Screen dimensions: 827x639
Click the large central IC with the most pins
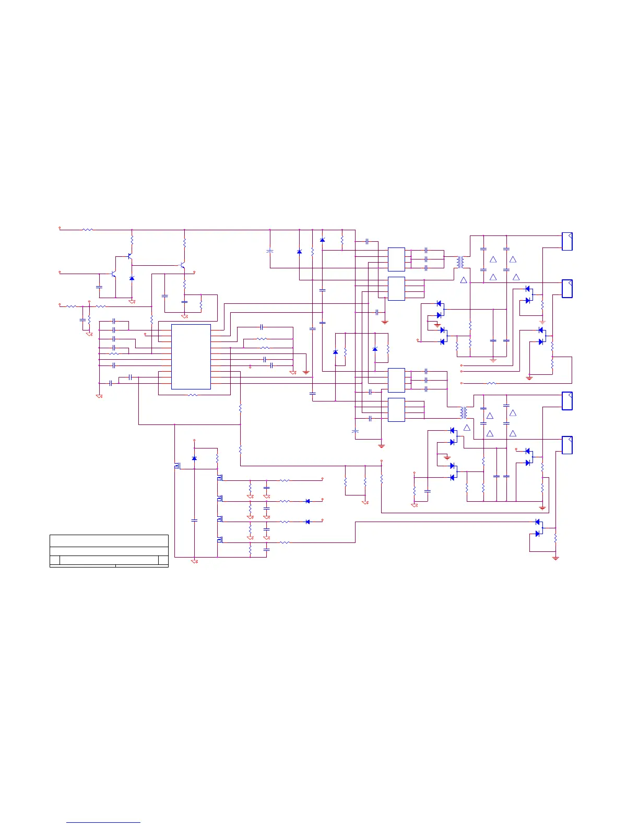coord(191,357)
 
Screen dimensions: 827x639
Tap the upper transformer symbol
coord(459,262)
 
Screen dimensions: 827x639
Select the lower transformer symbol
coord(463,412)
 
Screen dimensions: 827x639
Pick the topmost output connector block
coord(567,241)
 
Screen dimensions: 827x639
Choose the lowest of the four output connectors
coord(567,445)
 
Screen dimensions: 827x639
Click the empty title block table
coord(109,550)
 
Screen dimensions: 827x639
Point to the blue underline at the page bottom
coord(103,823)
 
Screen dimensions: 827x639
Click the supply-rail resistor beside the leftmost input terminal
coord(88,229)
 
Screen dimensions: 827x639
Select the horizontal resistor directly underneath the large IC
coord(193,395)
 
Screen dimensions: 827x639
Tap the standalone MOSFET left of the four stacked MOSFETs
coord(177,465)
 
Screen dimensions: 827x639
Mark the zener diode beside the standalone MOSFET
coord(194,458)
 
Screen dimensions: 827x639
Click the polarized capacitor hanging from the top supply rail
coord(270,251)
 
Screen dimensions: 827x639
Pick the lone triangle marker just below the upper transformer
coord(464,280)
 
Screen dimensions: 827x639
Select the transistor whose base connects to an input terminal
coord(113,274)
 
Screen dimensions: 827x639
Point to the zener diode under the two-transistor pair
coord(132,278)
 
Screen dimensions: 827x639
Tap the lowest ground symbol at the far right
coord(555,558)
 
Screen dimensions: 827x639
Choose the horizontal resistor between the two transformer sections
coord(491,383)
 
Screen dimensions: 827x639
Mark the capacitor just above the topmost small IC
coord(368,242)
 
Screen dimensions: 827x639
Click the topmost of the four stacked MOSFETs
coord(220,478)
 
